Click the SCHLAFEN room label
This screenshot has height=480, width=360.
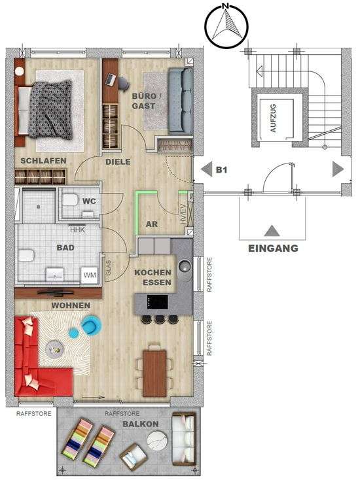tap(43, 161)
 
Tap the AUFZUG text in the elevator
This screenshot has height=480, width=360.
tap(273, 118)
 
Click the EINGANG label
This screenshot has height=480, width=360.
tap(273, 249)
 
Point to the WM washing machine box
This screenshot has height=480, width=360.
tap(90, 275)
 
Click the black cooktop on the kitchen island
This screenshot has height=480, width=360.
tap(158, 302)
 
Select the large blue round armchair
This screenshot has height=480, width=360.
tap(91, 326)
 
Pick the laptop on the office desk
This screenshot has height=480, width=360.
tap(111, 79)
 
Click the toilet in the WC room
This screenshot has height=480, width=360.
tap(70, 200)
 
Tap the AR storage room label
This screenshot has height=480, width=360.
tap(152, 224)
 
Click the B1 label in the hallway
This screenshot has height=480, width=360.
tap(221, 169)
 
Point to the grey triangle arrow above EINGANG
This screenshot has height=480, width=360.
tap(272, 231)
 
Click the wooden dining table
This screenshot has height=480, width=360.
tap(154, 373)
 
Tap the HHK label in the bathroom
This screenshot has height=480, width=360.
tap(77, 230)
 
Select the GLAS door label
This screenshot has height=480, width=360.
tap(109, 268)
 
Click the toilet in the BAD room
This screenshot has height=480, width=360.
tap(26, 256)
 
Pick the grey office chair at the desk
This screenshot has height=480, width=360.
tap(124, 83)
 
